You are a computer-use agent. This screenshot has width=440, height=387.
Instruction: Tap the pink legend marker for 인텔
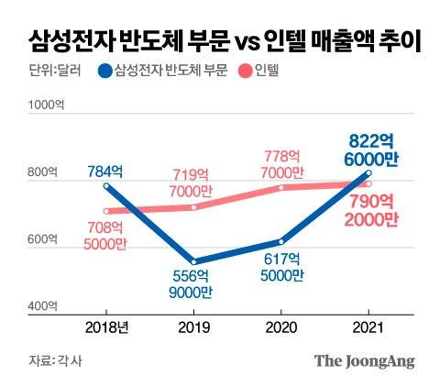click(246, 71)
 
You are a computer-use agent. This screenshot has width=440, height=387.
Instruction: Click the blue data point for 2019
click(193, 261)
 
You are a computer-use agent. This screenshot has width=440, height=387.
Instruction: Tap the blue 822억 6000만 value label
click(372, 149)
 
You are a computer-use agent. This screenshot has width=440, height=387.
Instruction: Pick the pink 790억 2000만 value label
click(372, 209)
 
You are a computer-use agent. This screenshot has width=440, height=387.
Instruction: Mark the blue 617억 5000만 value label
click(281, 268)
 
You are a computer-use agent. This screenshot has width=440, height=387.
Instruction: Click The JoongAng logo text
click(364, 360)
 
